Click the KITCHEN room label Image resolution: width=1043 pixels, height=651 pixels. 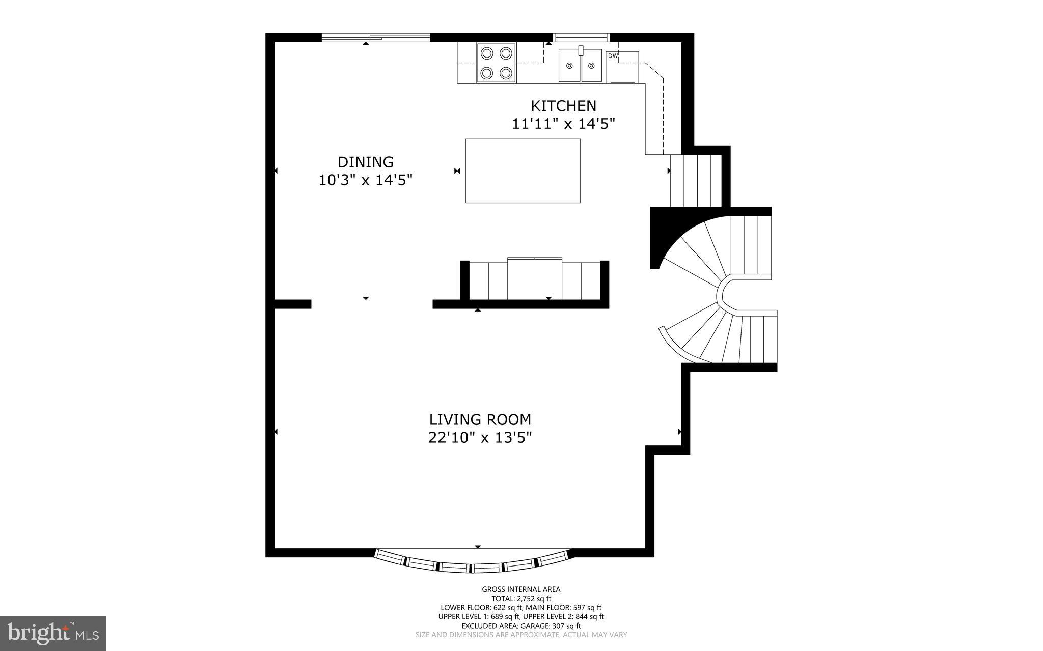coord(563,106)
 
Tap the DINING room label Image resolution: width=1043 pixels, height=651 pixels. coord(365,162)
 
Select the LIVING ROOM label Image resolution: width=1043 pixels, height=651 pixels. coord(480,419)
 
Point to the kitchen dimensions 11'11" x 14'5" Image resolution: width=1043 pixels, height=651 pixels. coord(563,124)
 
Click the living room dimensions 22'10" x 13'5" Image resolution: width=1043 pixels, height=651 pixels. coord(480,437)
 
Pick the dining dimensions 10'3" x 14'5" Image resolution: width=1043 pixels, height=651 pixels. coord(365,180)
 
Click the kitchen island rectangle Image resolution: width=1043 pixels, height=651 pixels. coord(523,171)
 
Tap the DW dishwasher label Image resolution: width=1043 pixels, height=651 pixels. coord(613,56)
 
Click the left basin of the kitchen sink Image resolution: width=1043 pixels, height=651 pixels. coord(569,65)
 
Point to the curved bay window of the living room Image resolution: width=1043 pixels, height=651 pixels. coord(474,565)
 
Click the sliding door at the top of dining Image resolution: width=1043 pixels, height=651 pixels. coord(376,37)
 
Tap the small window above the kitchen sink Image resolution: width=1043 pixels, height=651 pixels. coord(581,37)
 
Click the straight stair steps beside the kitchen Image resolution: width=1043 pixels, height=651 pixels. coord(695,181)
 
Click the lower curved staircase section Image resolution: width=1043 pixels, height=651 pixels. coord(723,338)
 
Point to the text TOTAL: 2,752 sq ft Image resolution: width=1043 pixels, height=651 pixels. coord(521,599)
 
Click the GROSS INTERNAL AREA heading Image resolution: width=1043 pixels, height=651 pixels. coord(521,589)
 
